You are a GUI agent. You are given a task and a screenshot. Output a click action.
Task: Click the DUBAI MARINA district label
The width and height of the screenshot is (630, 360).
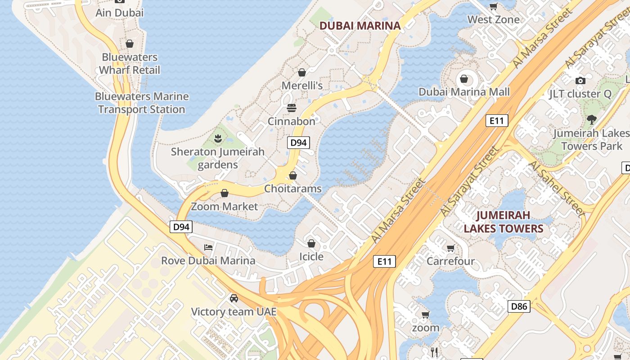360,26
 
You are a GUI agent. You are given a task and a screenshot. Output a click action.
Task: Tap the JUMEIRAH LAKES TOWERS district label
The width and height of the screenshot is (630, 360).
504,222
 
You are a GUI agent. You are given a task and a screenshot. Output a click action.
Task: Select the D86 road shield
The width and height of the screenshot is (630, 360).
519,307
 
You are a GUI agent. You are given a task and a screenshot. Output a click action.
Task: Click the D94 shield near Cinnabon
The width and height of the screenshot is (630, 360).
298,143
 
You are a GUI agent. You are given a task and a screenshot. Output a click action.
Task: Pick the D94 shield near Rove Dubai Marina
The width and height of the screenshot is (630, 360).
181,227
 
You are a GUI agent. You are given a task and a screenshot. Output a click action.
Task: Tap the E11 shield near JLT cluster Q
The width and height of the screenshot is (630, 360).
497,121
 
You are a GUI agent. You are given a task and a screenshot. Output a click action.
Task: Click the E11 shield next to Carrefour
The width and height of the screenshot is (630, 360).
384,261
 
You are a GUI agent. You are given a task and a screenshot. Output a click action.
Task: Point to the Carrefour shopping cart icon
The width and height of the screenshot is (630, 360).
450,248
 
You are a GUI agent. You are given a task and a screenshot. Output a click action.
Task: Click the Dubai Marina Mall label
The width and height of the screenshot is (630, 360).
464,92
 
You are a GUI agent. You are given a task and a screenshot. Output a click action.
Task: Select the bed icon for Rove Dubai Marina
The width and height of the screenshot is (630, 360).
208,247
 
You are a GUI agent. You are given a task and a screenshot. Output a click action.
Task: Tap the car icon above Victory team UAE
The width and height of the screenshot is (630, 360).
234,298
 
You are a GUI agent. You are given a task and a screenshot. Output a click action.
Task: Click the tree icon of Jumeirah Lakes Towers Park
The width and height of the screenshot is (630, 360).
591,120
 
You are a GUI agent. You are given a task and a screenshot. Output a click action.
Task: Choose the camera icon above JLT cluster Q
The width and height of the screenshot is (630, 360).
580,81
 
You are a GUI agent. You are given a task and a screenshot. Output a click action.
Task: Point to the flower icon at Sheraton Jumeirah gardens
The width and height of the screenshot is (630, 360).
218,138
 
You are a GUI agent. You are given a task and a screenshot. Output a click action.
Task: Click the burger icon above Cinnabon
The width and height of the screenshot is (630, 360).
292,108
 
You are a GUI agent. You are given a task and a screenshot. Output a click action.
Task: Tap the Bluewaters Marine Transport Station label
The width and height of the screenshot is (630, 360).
142,103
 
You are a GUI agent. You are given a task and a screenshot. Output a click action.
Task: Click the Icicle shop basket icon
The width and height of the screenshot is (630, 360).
311,243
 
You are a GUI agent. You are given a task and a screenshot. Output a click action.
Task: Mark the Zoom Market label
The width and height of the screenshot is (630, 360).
225,207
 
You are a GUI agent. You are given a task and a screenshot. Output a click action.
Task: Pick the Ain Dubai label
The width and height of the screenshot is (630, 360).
119,13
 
